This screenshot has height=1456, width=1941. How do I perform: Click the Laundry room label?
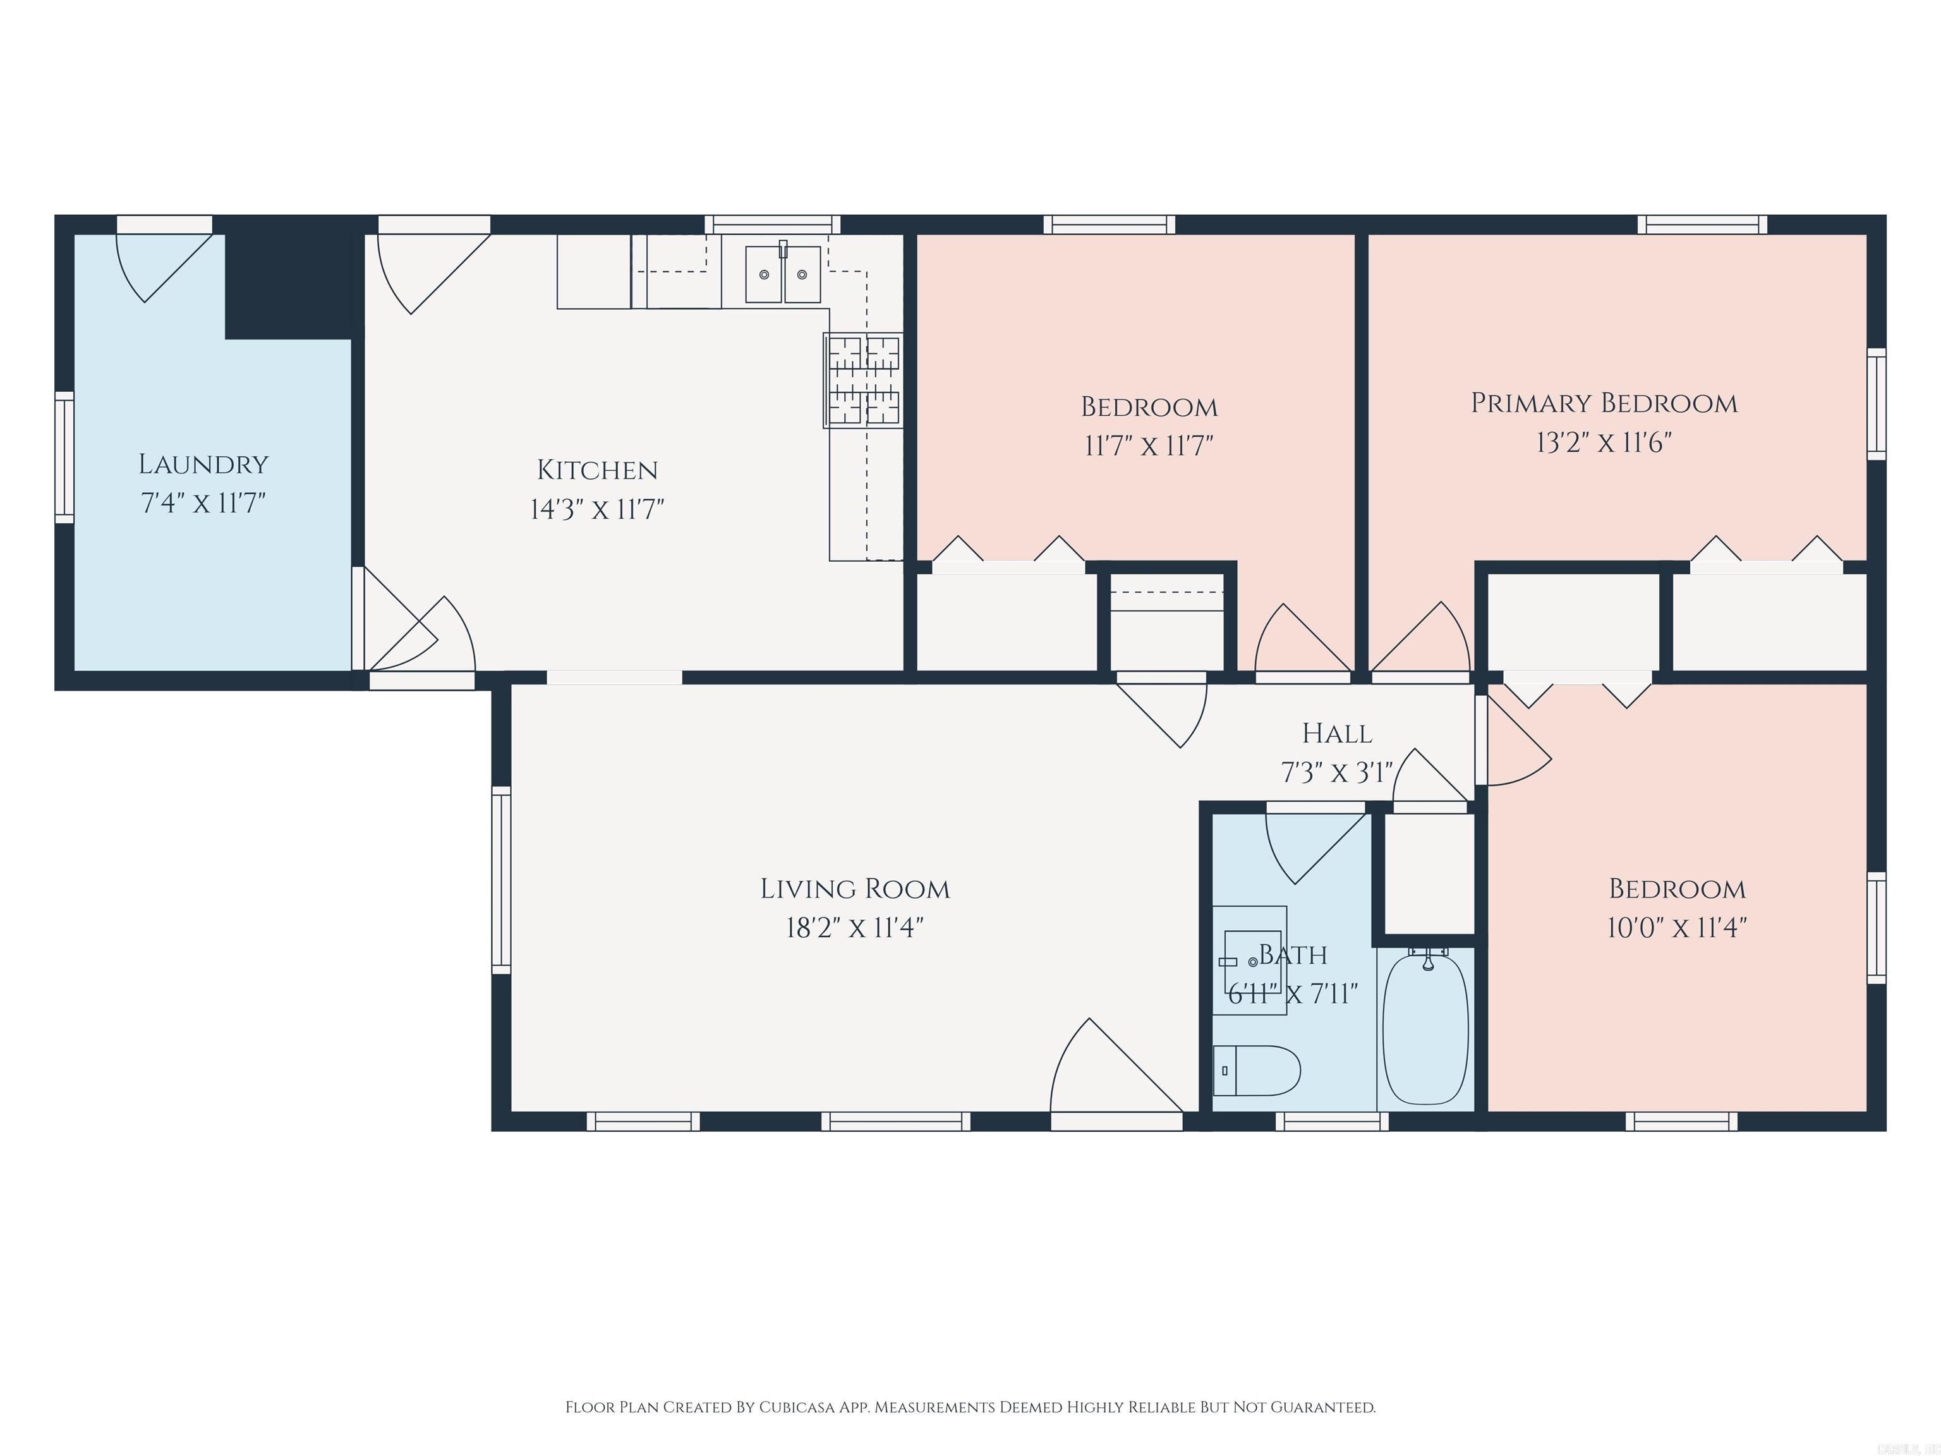(203, 464)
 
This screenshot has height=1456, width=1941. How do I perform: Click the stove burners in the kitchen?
(864, 380)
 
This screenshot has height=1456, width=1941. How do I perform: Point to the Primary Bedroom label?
(1603, 403)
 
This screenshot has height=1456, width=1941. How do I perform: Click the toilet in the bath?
(1257, 1071)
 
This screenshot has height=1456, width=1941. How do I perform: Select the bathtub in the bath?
(1425, 1029)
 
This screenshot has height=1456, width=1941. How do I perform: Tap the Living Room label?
(855, 889)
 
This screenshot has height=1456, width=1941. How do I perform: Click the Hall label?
(1336, 733)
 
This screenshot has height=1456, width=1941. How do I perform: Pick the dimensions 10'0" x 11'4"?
(1676, 928)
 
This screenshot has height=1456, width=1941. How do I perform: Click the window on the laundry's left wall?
(64, 458)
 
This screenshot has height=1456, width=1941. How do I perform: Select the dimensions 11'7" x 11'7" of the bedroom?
(1149, 446)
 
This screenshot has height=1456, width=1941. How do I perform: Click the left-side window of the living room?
(501, 880)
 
